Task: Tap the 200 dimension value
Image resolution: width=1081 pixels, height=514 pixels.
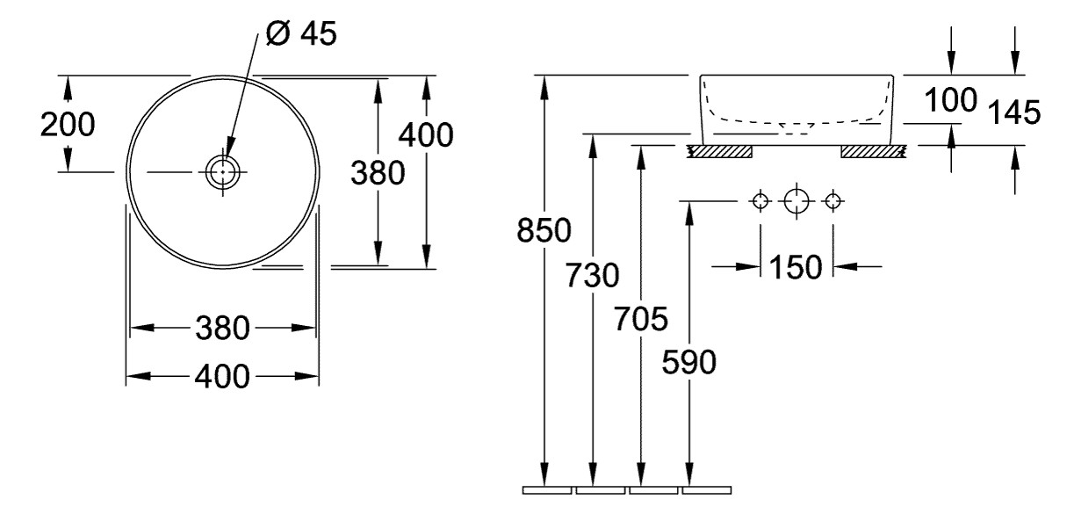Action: coord(68,125)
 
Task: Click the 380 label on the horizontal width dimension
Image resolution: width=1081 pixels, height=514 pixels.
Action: coord(223,329)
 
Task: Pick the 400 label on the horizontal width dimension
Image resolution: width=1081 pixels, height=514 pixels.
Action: coord(223,377)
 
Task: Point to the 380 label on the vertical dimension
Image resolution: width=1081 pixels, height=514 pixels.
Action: coord(378,174)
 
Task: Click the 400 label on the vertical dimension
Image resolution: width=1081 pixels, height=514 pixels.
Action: coord(426,134)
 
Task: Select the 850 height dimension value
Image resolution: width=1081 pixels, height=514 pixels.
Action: coord(544,231)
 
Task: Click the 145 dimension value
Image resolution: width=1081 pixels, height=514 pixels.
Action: coord(1015,112)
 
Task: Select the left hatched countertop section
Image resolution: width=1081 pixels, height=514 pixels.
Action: coord(720,153)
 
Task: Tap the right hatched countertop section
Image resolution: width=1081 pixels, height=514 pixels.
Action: coord(873,153)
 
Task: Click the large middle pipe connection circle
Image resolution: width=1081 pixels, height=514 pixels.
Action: coord(796,201)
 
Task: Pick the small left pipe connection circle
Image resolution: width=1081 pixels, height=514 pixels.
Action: coord(760,201)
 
